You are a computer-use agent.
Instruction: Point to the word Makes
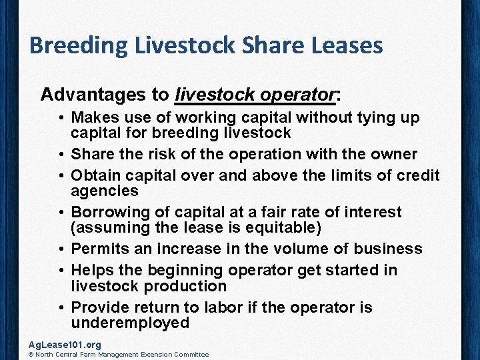[x=93, y=118]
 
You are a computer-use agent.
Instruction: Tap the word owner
[x=392, y=155]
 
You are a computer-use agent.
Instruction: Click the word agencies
[x=105, y=191]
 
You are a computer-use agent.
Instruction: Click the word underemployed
[x=130, y=323]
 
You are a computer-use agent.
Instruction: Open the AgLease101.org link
[x=65, y=345]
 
